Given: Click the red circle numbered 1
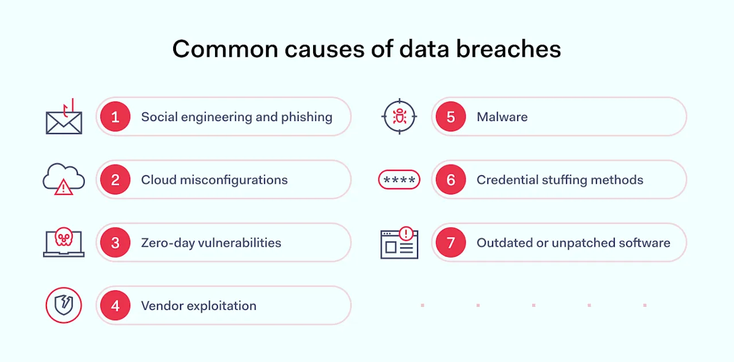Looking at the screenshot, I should (x=115, y=117).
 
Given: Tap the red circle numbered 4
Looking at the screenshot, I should (x=115, y=306).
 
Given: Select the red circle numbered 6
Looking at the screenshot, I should (x=451, y=180).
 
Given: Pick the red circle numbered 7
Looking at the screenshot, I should (x=451, y=243).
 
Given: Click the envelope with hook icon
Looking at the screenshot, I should (x=64, y=118).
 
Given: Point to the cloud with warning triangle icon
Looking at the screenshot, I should (x=64, y=180).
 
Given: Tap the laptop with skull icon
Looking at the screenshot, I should (x=64, y=242).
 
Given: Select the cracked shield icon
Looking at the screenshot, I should (x=64, y=306).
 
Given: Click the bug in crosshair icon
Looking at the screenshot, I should (x=399, y=116).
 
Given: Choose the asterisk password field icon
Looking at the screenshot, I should (x=399, y=180).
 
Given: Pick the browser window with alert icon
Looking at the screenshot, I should (x=399, y=243).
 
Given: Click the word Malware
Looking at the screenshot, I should (x=502, y=117).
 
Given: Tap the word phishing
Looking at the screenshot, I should (x=307, y=117).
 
